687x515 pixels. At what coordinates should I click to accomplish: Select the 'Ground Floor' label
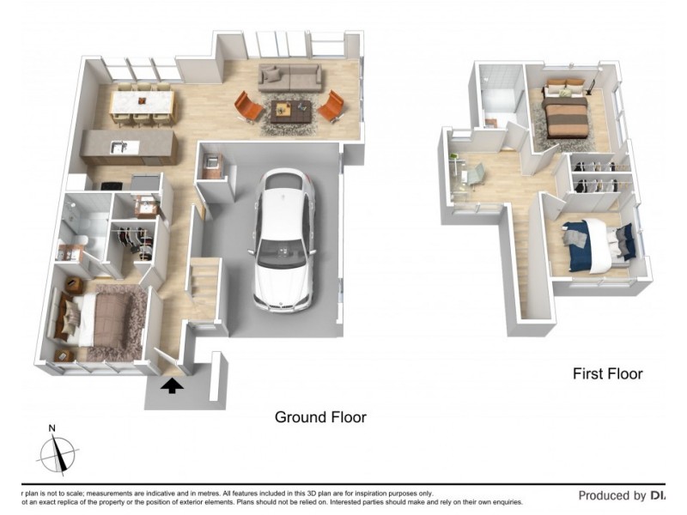tap(320, 417)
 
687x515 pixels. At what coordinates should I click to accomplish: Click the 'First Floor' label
tap(607, 373)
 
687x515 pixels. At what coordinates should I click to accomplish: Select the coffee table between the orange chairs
tap(290, 110)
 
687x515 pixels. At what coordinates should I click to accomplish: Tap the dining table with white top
tap(143, 104)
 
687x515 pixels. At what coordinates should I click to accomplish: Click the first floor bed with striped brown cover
tap(565, 114)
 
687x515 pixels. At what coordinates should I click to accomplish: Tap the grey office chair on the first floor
tap(477, 174)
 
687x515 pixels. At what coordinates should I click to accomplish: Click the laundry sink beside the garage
tap(212, 162)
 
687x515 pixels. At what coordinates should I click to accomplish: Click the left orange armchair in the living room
tap(248, 107)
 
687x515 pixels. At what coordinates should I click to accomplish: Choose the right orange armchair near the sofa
tap(331, 107)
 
